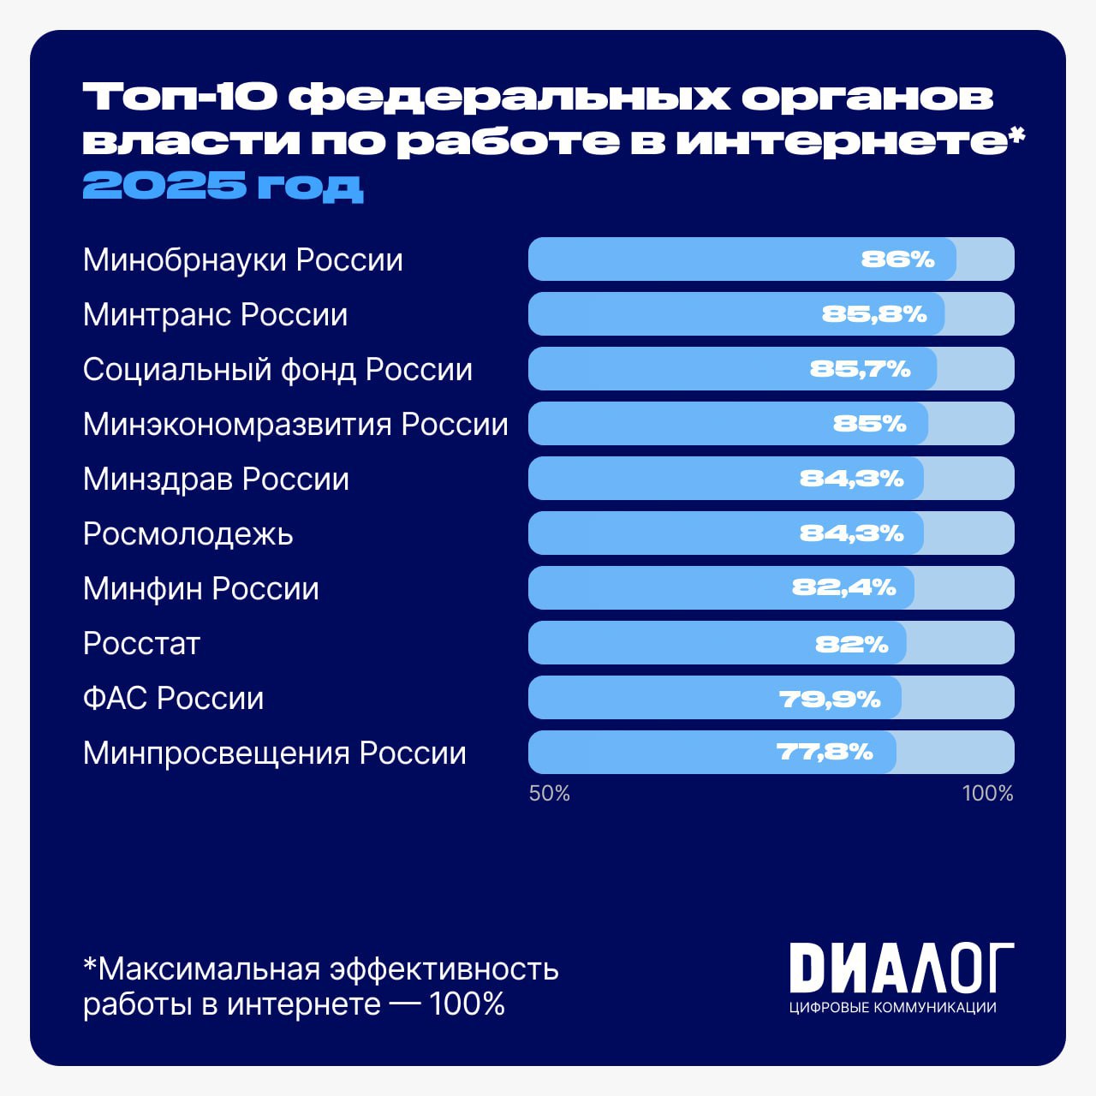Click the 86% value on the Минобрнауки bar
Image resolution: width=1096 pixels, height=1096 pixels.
click(897, 259)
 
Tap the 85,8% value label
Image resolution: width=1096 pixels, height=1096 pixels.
click(874, 314)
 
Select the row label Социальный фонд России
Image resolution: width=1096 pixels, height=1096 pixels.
click(277, 370)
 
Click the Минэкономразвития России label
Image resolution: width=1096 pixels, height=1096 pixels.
click(295, 425)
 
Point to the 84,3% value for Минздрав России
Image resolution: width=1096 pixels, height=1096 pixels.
click(851, 479)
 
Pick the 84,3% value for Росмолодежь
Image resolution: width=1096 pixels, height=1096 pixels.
click(851, 533)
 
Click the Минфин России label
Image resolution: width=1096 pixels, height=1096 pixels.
click(200, 589)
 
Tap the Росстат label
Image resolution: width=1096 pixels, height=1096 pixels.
click(141, 644)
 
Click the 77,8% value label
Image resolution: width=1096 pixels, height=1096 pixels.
click(825, 753)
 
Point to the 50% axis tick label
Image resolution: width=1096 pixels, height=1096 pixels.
click(549, 794)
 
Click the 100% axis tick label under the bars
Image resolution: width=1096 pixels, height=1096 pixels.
click(987, 794)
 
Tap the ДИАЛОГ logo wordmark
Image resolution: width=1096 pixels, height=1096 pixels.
click(901, 968)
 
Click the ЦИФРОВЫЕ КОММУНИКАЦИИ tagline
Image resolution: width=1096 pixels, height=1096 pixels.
click(892, 1008)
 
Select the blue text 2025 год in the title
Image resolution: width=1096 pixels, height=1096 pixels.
click(223, 185)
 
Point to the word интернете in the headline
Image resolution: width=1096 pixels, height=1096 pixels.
click(842, 141)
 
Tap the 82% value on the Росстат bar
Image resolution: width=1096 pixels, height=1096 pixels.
click(851, 644)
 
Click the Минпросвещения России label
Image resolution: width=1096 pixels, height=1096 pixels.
click(274, 753)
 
